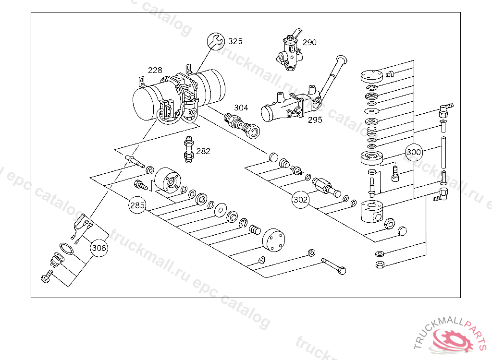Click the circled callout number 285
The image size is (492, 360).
pyautogui.click(x=137, y=205)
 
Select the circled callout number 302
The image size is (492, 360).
pyautogui.click(x=301, y=199)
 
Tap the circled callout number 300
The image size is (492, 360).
pyautogui.click(x=414, y=153)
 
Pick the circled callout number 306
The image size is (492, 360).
pyautogui.click(x=99, y=248)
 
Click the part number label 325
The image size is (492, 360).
pyautogui.click(x=235, y=41)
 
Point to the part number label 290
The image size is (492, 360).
pyautogui.click(x=309, y=42)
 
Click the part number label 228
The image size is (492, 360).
pyautogui.click(x=155, y=70)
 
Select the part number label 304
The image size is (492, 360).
pyautogui.click(x=241, y=108)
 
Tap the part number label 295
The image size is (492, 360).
pyautogui.click(x=315, y=120)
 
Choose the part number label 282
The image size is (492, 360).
pyautogui.click(x=203, y=151)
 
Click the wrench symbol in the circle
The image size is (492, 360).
pyautogui.click(x=215, y=41)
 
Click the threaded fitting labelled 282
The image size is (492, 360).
pyautogui.click(x=188, y=149)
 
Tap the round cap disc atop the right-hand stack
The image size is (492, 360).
pyautogui.click(x=371, y=75)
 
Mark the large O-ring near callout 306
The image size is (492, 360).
pyautogui.click(x=67, y=249)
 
